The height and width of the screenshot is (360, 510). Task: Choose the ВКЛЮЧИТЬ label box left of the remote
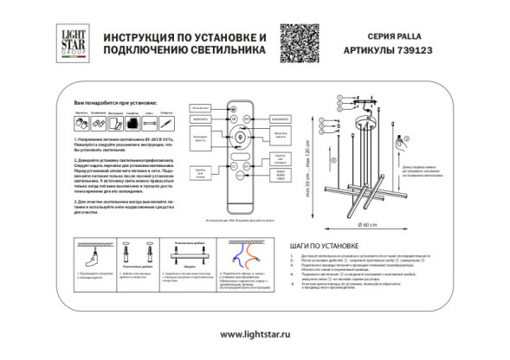pyautogui.click(x=201, y=120)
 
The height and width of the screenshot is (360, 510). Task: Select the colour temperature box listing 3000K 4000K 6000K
pyautogui.click(x=280, y=161)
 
